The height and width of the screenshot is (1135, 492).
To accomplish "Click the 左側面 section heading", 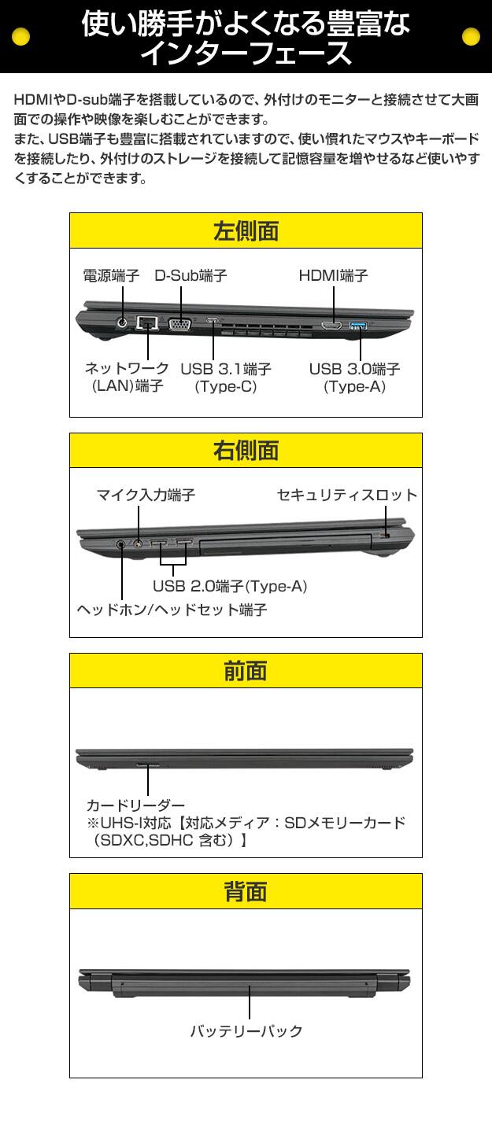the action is [x=246, y=231].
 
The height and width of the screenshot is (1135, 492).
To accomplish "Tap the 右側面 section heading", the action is [x=246, y=451].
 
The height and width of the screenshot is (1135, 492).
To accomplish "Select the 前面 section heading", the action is [x=246, y=670].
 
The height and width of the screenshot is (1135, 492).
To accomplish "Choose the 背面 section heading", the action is [x=246, y=890].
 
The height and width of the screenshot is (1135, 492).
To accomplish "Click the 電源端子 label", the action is [x=111, y=275].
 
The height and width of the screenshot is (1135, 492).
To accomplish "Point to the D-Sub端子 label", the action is [x=191, y=275].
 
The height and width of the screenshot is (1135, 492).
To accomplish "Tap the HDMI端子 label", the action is [x=333, y=275].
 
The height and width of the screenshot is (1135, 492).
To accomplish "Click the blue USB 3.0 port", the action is [x=359, y=325].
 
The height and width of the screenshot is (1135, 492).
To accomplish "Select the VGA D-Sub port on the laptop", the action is [x=179, y=324].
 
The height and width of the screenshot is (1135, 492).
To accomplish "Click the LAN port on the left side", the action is [x=147, y=322].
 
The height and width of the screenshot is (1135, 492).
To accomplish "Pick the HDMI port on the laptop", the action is [x=331, y=325].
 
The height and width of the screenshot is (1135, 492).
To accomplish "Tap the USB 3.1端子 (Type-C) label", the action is [x=226, y=378].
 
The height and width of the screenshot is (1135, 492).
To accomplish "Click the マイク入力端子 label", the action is [x=146, y=495].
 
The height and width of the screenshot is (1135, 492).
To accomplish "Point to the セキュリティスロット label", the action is [x=347, y=495].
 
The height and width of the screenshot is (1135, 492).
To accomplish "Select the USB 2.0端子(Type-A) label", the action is [x=230, y=586].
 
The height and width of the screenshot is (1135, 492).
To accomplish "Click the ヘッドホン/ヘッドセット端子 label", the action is [x=172, y=610].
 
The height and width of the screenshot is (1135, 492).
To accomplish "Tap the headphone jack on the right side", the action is [x=120, y=544].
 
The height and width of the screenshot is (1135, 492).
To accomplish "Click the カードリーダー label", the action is [x=135, y=805].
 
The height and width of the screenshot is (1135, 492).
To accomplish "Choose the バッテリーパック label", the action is [x=246, y=1031].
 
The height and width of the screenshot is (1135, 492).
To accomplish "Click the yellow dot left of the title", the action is [x=20, y=36].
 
